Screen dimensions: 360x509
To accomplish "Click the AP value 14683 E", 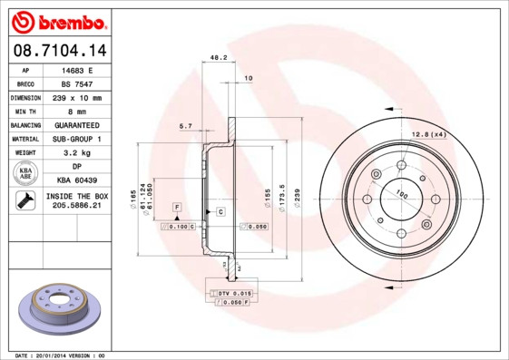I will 76,69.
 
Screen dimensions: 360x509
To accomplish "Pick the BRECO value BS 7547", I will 76,83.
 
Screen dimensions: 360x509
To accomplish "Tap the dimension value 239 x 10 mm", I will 76,97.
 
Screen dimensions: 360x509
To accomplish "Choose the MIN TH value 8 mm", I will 76,111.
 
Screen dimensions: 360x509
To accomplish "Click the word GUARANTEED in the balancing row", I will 76,125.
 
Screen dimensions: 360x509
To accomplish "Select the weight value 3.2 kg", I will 76,153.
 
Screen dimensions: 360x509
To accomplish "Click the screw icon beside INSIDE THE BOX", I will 25,201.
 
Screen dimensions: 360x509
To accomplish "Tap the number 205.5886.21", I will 76,207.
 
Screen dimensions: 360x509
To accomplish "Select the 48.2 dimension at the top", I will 218,57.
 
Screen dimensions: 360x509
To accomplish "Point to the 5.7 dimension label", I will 186,125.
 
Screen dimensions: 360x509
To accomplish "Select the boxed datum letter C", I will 220,210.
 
